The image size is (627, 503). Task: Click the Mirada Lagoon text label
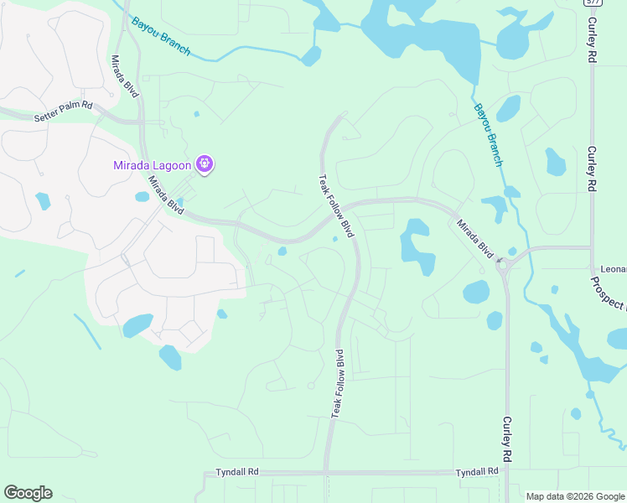click(152, 164)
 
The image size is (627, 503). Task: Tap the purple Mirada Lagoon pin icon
click(205, 163)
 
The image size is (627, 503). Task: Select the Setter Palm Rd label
click(63, 112)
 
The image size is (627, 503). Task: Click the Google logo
click(28, 493)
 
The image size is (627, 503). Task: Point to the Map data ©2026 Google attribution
click(575, 496)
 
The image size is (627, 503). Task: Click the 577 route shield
click(591, 3)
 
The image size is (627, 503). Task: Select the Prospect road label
click(610, 293)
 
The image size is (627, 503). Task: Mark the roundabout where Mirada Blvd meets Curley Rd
click(505, 266)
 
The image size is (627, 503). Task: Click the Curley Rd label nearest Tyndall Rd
click(507, 440)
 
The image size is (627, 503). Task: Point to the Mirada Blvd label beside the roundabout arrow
click(475, 236)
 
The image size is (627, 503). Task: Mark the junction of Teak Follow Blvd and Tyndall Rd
click(326, 473)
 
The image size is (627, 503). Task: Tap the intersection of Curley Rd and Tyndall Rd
click(507, 473)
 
